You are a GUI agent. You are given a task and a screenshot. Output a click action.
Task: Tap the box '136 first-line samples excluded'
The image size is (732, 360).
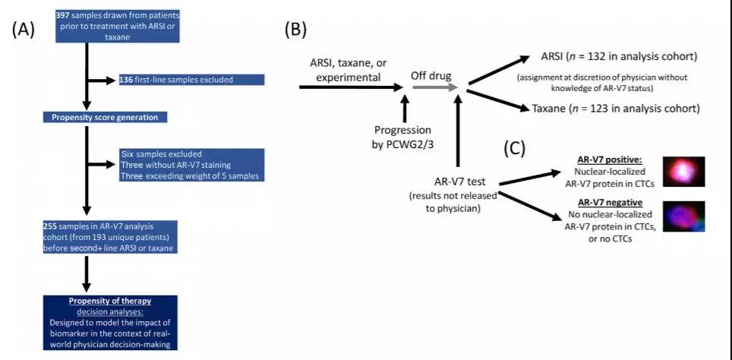click(x=190, y=79)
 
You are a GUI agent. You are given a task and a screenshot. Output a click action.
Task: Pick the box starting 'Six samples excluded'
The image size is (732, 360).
click(x=190, y=166)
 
